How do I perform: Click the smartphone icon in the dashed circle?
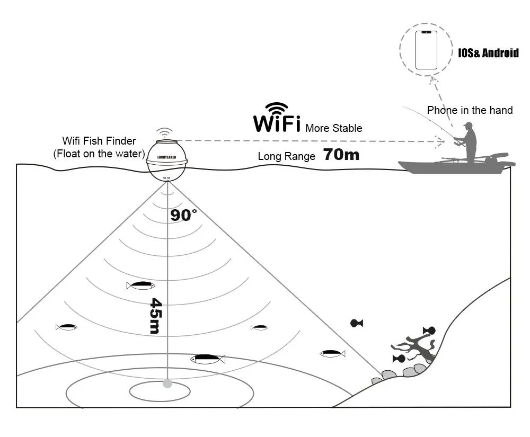coord(426,50)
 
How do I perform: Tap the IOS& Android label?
coord(488,53)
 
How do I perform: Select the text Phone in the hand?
coord(470,110)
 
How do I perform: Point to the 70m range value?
coord(341,155)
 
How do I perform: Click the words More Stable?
coord(334,128)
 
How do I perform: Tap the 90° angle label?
coord(183,215)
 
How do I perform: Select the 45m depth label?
coord(155,316)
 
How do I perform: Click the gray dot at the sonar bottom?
coord(167,383)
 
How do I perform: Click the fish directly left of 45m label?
coord(140,286)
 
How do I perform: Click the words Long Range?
coord(286,156)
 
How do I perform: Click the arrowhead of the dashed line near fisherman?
coord(440,141)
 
